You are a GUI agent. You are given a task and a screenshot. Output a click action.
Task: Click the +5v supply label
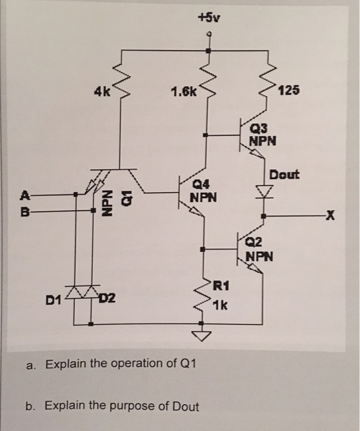[210, 17]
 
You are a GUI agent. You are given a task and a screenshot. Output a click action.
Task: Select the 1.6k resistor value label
[184, 93]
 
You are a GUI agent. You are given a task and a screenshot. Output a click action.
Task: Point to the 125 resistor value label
[289, 91]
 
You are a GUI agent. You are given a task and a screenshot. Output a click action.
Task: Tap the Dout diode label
[284, 174]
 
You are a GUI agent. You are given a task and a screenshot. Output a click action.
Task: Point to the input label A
[25, 196]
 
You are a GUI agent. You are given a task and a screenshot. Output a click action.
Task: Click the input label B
[25, 212]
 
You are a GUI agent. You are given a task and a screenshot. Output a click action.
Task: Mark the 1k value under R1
[220, 305]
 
